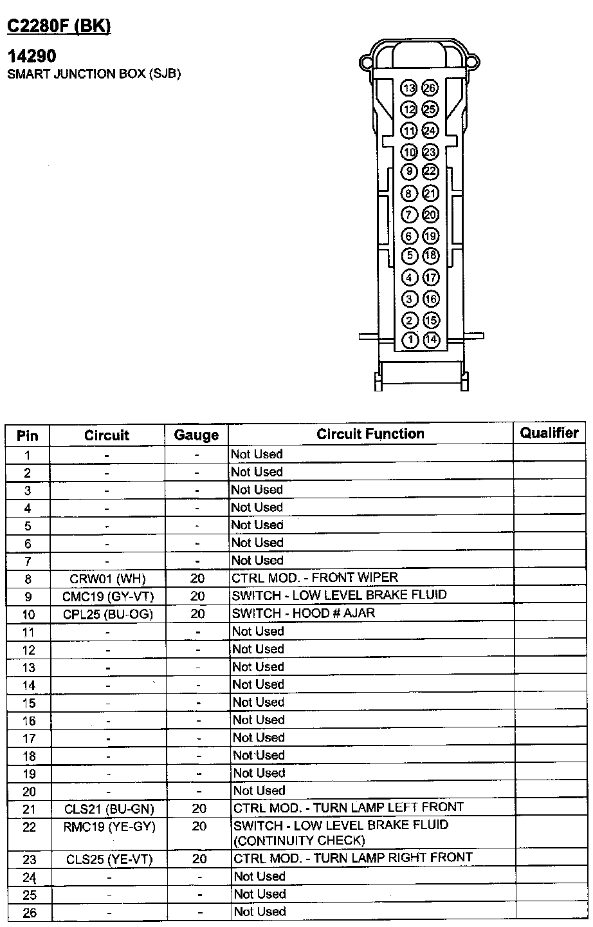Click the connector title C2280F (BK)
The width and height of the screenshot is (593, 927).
coord(59,26)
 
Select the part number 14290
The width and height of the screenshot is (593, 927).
coord(32,57)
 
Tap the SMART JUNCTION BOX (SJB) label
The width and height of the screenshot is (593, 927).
coord(94,73)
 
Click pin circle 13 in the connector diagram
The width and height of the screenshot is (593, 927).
coord(409,89)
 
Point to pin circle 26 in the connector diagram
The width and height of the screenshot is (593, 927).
coord(430,89)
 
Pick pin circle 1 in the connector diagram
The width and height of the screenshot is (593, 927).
coord(410,340)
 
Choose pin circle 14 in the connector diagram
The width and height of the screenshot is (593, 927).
coord(431,340)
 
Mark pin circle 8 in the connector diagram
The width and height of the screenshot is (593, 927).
coord(409,193)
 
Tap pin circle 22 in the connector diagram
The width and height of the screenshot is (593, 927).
coord(430,172)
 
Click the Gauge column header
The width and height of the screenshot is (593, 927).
coord(196,435)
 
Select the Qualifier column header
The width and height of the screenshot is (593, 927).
coord(549,433)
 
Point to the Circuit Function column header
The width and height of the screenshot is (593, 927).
coord(370,434)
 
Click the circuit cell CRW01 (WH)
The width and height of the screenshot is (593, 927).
coord(108,579)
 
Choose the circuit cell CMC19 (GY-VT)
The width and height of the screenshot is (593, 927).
coord(108,596)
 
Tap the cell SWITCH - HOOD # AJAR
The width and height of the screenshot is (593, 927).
coord(304,613)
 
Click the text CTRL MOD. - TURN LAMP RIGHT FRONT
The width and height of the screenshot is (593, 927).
coord(353,857)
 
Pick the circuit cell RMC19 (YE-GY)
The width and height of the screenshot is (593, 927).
coord(109,827)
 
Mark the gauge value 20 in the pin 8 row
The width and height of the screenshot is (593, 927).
coord(197,579)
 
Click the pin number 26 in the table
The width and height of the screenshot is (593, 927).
coord(29,913)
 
